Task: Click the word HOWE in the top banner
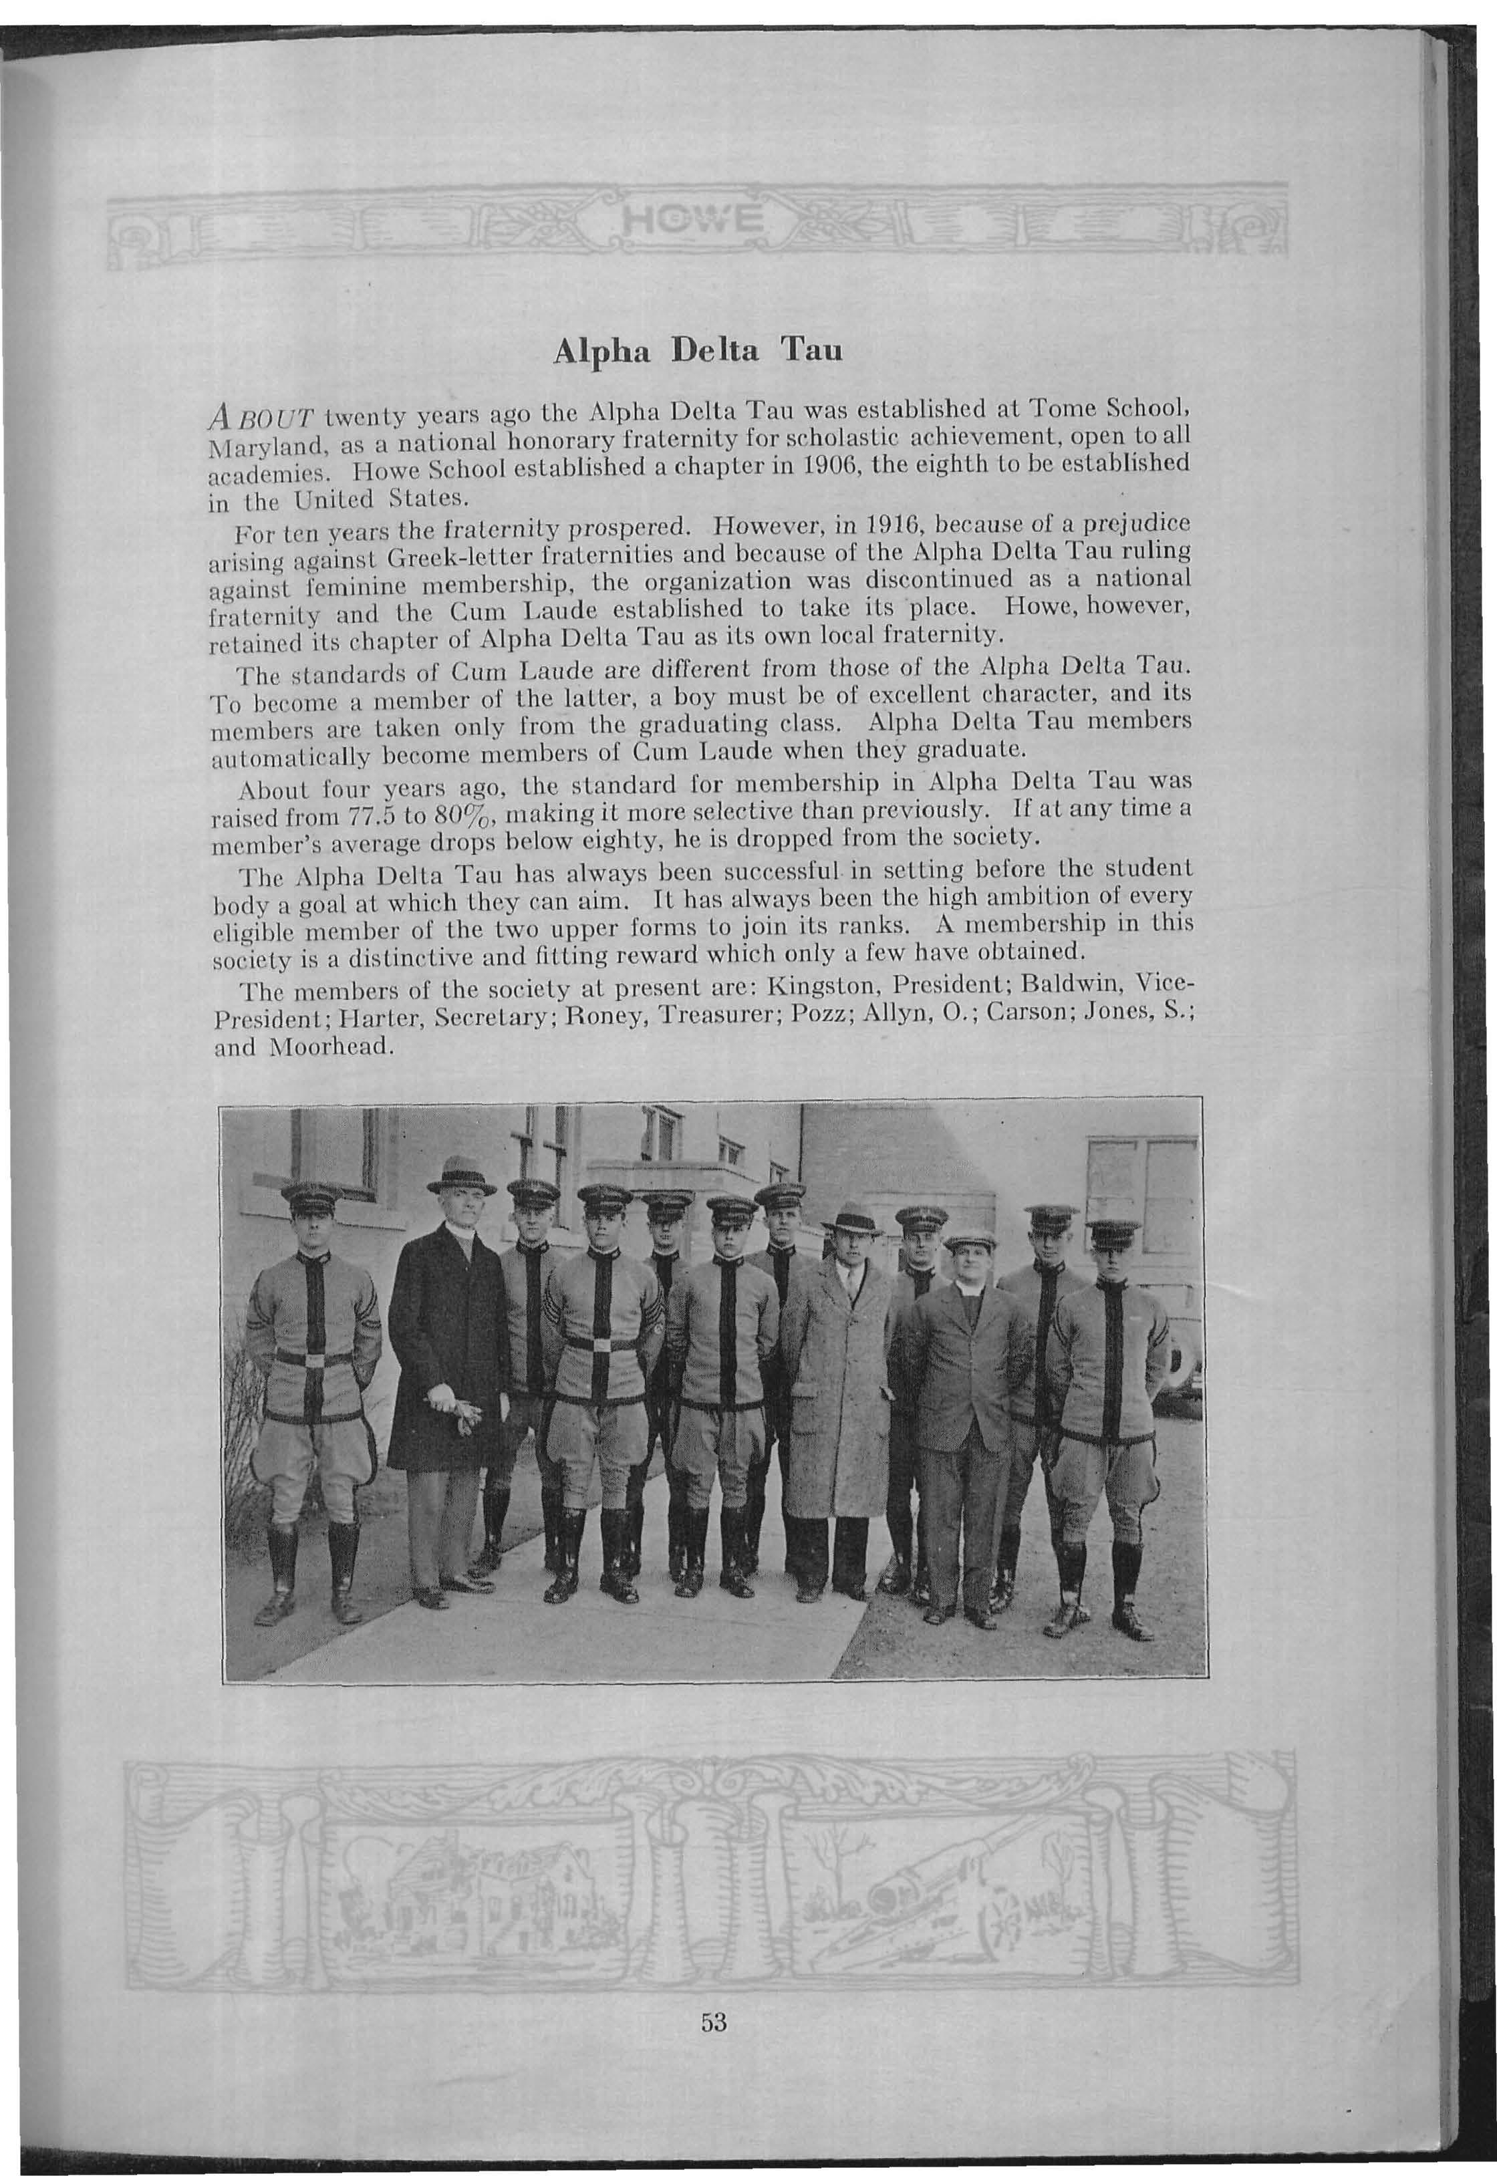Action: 695,223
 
